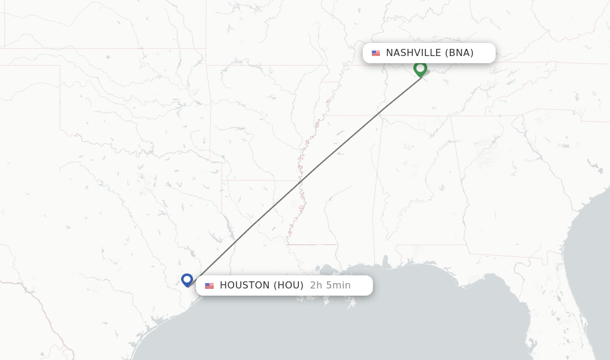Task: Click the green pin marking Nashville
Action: (420, 69)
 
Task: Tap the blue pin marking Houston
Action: (187, 279)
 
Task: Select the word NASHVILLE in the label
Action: (413, 53)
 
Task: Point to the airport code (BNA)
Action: (459, 53)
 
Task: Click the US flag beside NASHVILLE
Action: (376, 53)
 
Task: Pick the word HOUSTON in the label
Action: (245, 285)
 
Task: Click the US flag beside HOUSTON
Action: (209, 286)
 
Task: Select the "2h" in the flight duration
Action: (316, 285)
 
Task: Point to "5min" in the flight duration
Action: (338, 285)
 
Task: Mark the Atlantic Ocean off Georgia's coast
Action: (596, 197)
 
